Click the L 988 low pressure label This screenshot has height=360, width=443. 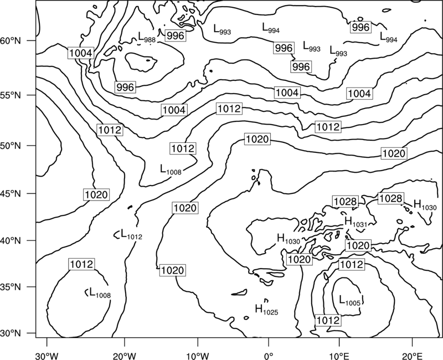pos(147,37)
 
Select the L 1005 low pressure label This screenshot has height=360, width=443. pos(350,300)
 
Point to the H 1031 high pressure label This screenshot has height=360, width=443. pos(356,222)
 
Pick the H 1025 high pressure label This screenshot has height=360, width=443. pos(267,310)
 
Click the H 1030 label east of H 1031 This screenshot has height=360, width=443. pos(425,205)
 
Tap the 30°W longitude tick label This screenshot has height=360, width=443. pos(47,354)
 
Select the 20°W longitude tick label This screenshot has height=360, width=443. pos(124,354)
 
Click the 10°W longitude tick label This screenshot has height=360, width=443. pos(198,354)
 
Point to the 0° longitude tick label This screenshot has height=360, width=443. pos(268,354)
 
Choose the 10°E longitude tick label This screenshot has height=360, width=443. pos(339,354)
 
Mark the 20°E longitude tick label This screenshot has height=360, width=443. pos(412,354)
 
